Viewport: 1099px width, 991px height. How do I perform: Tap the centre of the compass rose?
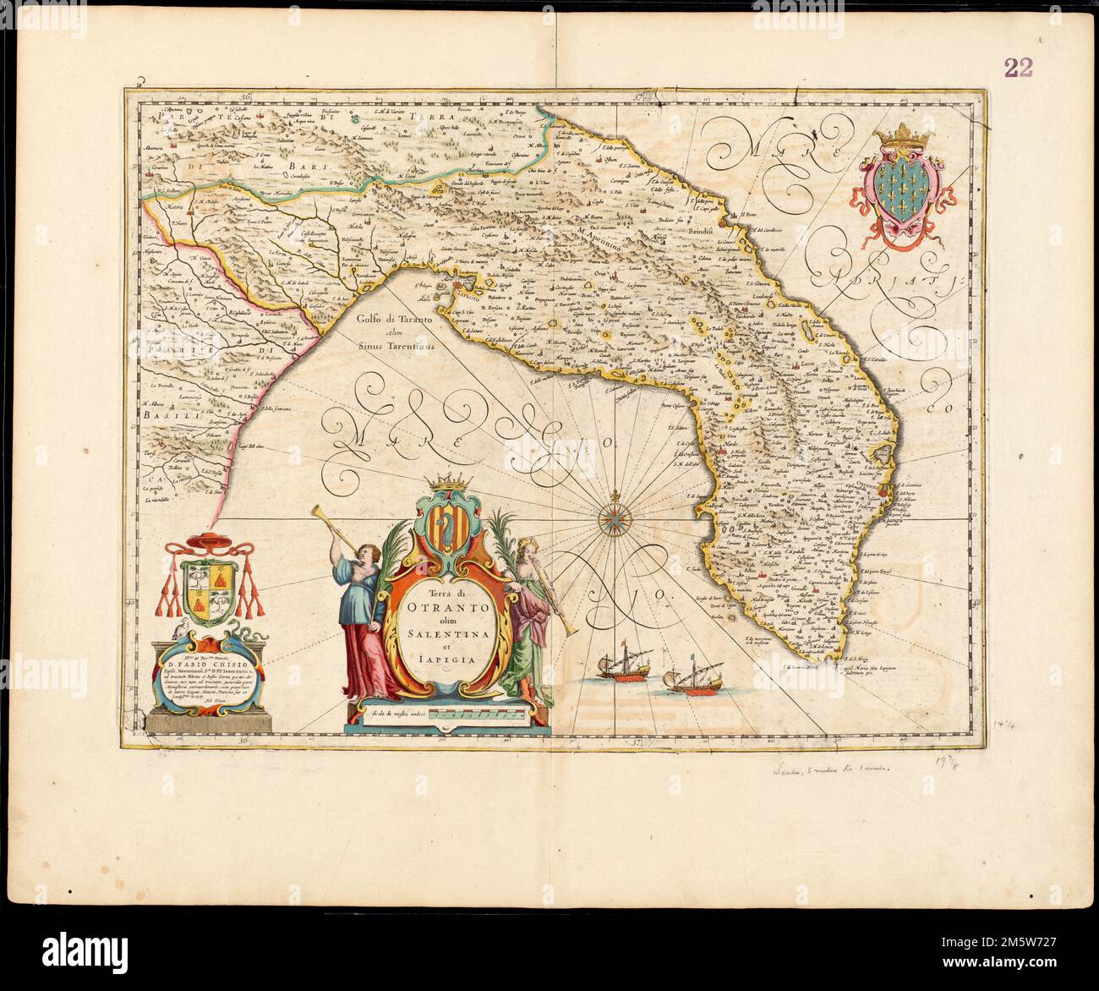611,514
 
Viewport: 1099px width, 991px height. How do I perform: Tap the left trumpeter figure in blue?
360,605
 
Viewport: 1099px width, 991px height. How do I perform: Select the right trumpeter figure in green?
528,617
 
